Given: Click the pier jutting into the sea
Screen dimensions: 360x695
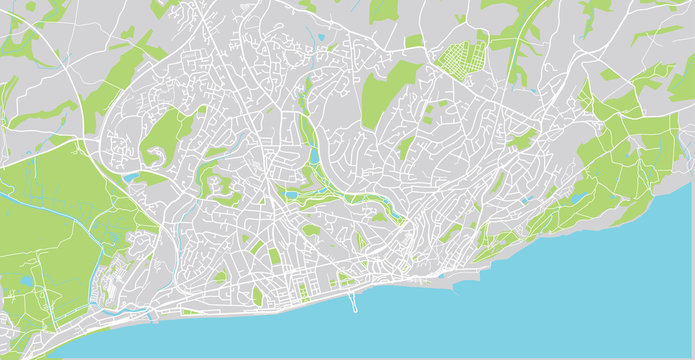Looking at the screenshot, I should [352, 300].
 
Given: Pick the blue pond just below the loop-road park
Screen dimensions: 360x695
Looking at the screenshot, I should [131, 178].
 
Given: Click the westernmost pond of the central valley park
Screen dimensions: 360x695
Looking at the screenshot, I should [290, 195].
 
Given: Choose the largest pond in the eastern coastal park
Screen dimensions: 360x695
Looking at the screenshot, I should [577, 198].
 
